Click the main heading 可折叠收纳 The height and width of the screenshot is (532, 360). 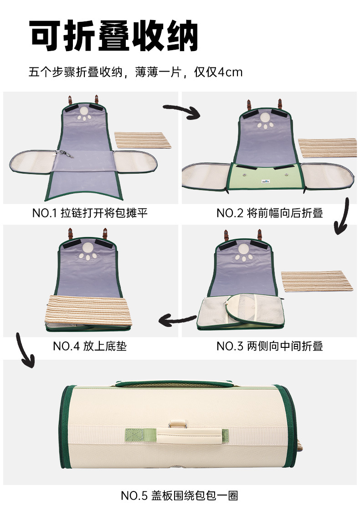point(113,35)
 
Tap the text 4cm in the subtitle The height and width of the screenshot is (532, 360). point(230,72)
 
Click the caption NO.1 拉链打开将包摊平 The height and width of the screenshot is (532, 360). point(90,213)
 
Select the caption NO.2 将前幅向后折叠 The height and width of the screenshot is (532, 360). point(270,213)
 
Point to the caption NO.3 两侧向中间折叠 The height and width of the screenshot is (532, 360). point(270,346)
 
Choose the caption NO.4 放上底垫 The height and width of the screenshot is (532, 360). point(90,346)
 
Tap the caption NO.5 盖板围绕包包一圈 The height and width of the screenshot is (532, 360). point(180,496)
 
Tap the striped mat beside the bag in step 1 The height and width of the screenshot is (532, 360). point(143,140)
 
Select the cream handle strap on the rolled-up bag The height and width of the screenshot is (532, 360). point(190,435)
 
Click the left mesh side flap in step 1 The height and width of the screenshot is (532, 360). point(32,161)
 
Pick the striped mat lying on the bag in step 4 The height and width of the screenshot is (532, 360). point(88,310)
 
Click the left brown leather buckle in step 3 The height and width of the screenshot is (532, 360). point(226,235)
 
